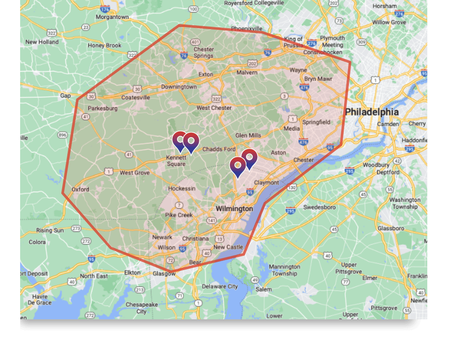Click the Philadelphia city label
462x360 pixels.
pos(372,112)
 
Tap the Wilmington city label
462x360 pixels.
pos(234,209)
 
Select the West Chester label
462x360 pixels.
pos(214,108)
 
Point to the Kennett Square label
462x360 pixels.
pos(176,161)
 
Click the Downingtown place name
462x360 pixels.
pos(179,87)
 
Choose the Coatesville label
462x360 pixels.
pos(135,97)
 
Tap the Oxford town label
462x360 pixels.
pos(80,189)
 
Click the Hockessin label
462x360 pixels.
pos(182,189)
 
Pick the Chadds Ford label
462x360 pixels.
pos(219,149)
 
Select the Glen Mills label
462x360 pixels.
pos(248,135)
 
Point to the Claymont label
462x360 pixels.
pos(266,183)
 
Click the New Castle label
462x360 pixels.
pos(228,247)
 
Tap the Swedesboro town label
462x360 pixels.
pos(319,207)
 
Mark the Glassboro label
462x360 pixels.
pos(390,228)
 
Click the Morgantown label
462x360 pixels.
pos(112,17)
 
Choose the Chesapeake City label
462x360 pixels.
pos(141,308)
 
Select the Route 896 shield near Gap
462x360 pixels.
pos(63,135)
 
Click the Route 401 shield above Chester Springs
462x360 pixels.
pos(196,42)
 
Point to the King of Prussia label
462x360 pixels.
pos(293,42)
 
